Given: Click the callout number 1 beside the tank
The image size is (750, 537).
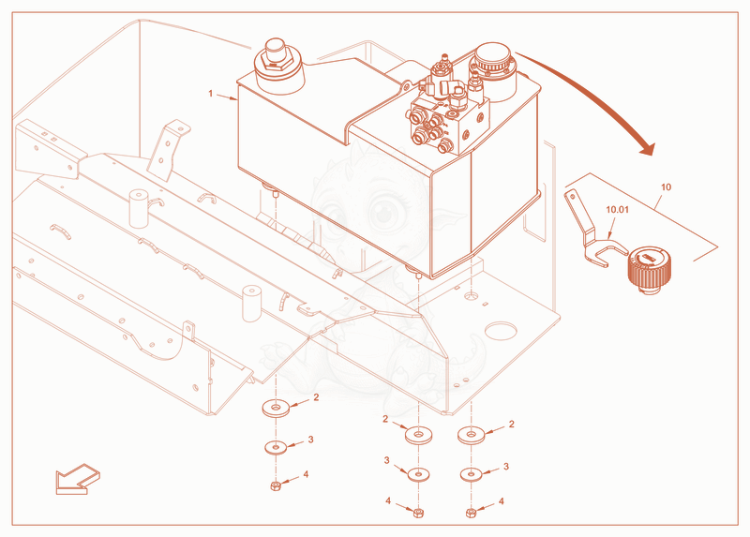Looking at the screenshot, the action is pyautogui.click(x=210, y=93).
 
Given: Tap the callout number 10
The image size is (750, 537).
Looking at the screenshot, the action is pyautogui.click(x=666, y=187).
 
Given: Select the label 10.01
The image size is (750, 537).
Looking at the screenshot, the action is pyautogui.click(x=617, y=209).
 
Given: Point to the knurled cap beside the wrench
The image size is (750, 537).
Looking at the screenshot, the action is pyautogui.click(x=649, y=269).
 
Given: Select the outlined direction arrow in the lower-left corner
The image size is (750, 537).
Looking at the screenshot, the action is pyautogui.click(x=78, y=479).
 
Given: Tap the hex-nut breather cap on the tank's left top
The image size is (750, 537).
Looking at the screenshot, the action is pyautogui.click(x=278, y=66).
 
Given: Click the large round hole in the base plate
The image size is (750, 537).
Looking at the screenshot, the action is pyautogui.click(x=501, y=330).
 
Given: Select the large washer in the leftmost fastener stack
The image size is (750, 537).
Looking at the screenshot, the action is pyautogui.click(x=276, y=408).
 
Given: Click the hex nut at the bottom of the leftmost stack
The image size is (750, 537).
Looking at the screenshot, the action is pyautogui.click(x=275, y=486).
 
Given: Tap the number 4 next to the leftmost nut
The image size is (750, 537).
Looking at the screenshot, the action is pyautogui.click(x=306, y=474).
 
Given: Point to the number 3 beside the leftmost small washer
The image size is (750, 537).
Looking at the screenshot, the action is pyautogui.click(x=310, y=440).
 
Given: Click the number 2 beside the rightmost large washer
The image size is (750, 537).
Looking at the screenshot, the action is pyautogui.click(x=511, y=425).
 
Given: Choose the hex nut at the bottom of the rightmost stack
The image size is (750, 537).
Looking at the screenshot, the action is pyautogui.click(x=471, y=513).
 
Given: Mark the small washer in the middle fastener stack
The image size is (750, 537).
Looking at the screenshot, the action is pyautogui.click(x=418, y=475).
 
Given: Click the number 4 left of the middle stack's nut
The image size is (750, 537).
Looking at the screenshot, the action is pyautogui.click(x=388, y=501).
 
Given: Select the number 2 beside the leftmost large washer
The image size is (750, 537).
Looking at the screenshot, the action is pyautogui.click(x=316, y=397).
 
